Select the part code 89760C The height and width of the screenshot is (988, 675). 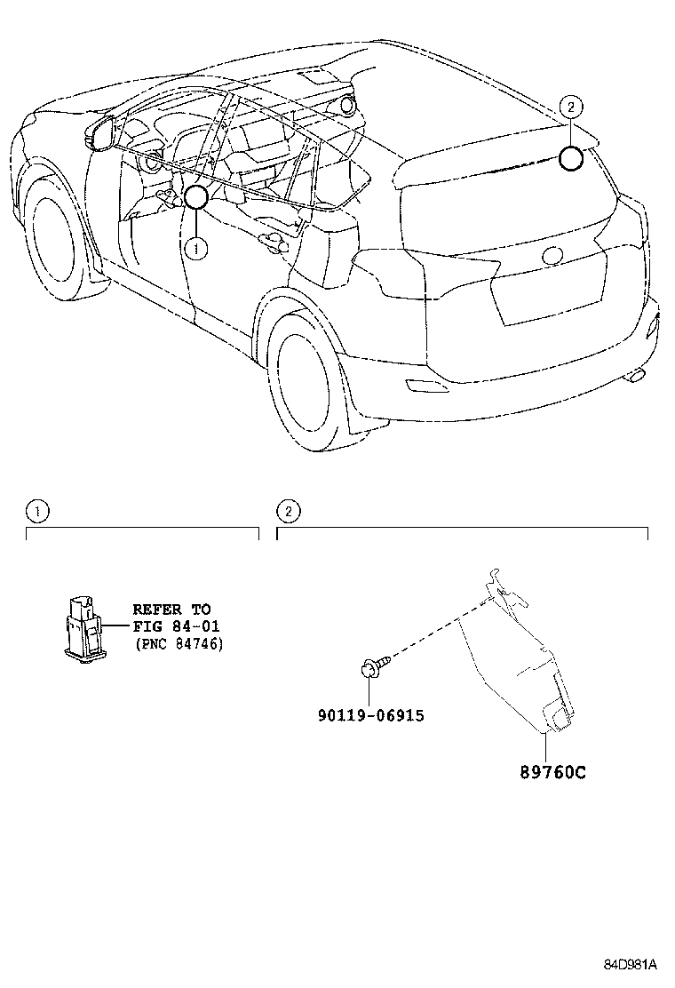(552, 771)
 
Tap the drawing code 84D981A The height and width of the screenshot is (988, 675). (631, 964)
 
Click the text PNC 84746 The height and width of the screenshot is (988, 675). (179, 643)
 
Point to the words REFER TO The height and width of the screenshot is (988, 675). (171, 610)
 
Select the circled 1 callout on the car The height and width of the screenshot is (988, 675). (196, 249)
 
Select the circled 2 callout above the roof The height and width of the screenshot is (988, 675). (572, 108)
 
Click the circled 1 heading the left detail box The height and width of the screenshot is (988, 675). (36, 511)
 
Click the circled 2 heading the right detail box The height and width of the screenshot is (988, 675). (289, 511)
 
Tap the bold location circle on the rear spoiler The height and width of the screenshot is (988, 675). (571, 158)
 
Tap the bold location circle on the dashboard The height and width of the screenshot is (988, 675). (195, 196)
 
